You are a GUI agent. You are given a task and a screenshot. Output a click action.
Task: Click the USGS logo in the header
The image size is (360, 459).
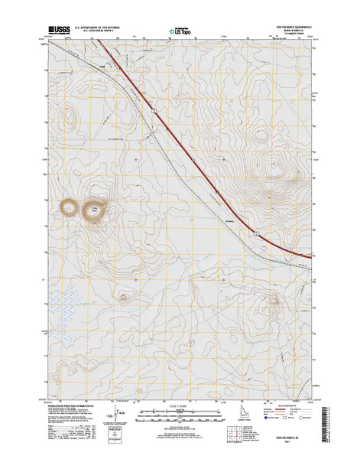[x=60, y=33]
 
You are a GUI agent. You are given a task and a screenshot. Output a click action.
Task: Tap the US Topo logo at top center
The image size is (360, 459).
[x=180, y=33]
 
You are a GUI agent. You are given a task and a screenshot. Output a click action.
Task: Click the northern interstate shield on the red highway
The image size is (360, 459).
[x=154, y=112]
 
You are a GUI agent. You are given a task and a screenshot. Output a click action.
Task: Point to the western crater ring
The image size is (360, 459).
[x=70, y=207]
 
